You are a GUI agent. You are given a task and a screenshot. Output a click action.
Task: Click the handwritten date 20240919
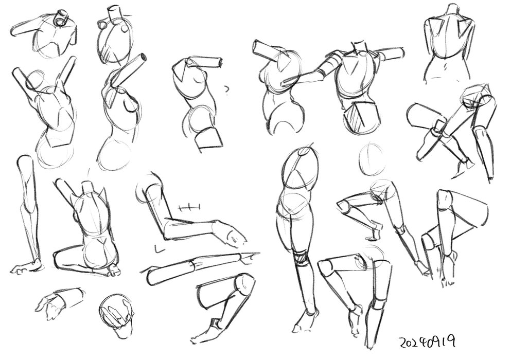427,342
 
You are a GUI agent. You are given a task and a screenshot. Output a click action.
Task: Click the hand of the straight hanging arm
27,267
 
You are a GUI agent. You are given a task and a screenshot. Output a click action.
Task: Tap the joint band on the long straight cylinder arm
193,265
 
